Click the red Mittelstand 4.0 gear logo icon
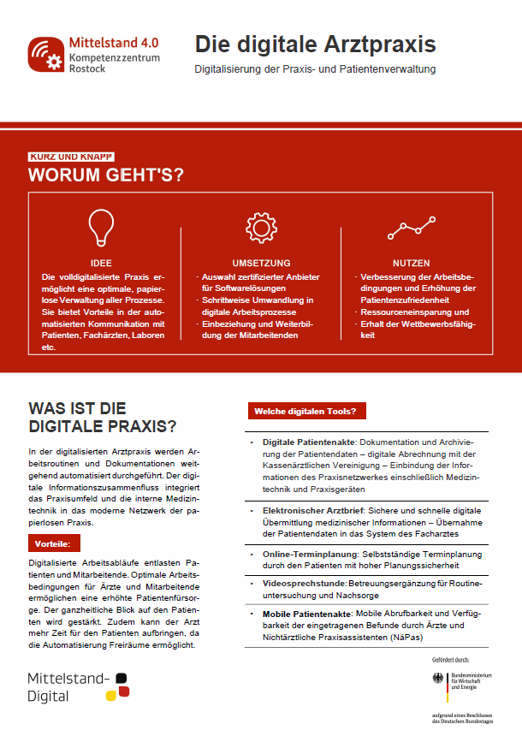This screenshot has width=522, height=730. [45, 53]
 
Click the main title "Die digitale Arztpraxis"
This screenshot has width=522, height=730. [315, 44]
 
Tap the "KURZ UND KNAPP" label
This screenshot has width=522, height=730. [71, 157]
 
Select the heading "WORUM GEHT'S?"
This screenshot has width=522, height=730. [105, 175]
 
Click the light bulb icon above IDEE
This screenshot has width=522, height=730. [101, 226]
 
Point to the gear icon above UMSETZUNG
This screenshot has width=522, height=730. [261, 227]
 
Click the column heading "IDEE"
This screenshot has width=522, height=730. [101, 263]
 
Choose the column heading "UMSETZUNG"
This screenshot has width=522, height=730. [261, 263]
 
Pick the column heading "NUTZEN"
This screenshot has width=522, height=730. [412, 263]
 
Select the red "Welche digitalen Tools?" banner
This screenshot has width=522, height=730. [305, 412]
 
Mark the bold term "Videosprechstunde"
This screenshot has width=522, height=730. [290, 583]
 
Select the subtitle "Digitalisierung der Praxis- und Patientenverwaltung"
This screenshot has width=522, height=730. [315, 68]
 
